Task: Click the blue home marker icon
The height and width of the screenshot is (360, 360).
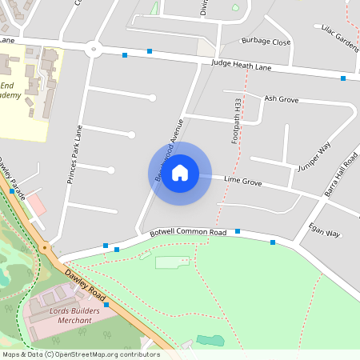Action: [180, 172]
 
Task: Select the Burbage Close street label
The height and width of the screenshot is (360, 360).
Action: [265, 42]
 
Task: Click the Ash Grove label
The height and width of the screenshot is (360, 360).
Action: [281, 99]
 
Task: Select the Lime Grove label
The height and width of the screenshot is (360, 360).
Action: [243, 182]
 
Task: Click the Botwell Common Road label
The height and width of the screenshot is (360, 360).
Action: [189, 232]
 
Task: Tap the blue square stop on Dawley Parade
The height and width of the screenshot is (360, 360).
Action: [11, 191]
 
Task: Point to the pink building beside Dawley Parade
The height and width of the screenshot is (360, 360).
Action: [37, 205]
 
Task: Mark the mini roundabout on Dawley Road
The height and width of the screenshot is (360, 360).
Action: [45, 247]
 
